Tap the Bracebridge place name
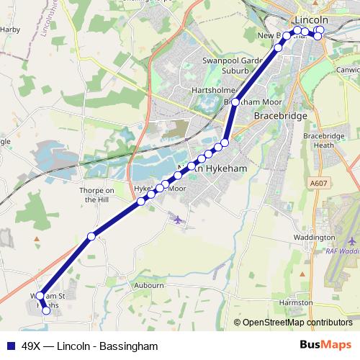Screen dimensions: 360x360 tap(281, 115)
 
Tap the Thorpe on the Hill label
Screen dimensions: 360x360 tap(96, 195)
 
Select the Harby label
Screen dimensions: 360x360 tap(10, 30)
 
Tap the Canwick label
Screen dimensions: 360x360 tap(348, 70)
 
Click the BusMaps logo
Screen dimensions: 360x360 tap(325, 346)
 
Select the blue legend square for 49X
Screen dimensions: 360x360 tap(11, 346)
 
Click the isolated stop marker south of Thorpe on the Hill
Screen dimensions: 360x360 tap(91, 236)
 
